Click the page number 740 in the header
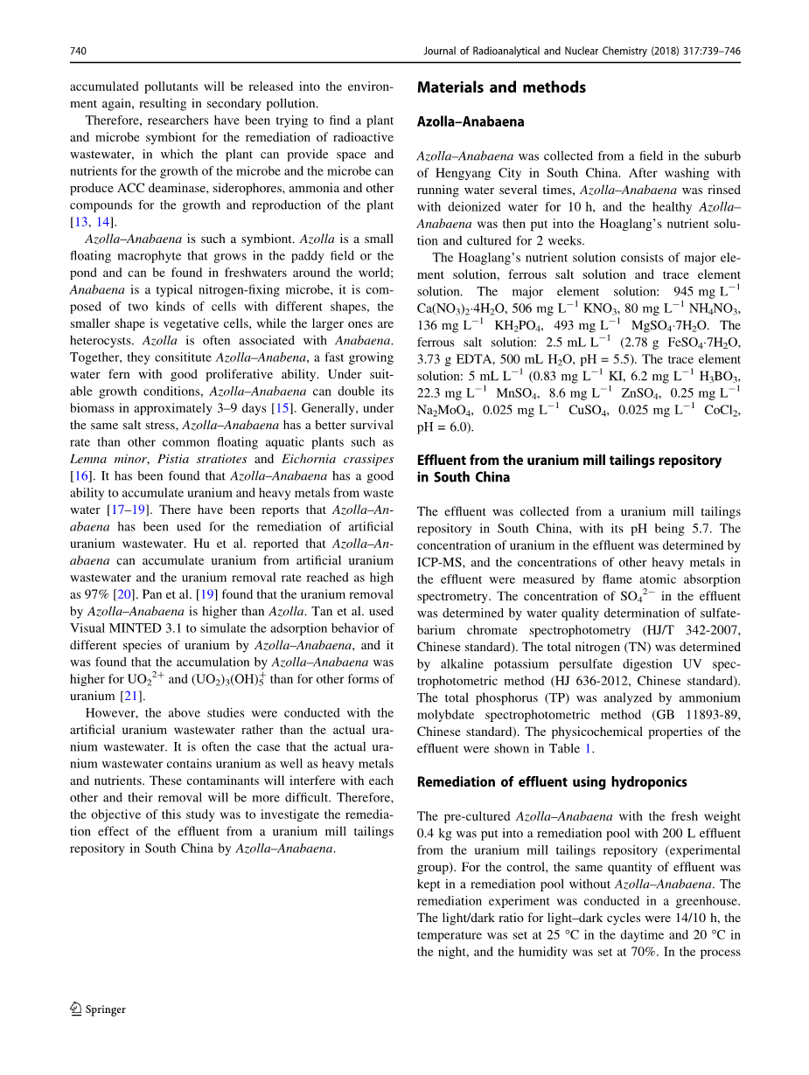click(78, 52)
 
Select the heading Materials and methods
click(501, 87)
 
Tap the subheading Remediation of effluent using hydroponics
click(552, 782)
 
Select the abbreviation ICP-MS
click(446, 562)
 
